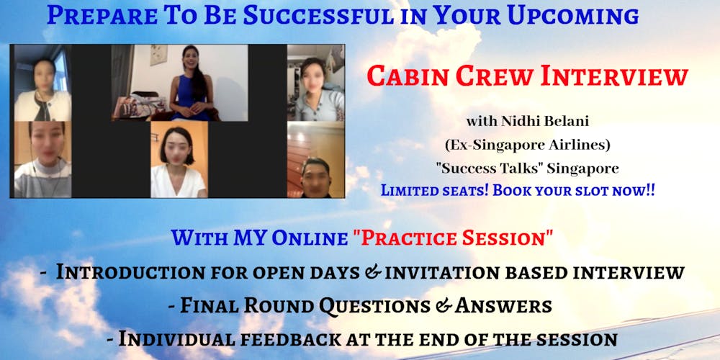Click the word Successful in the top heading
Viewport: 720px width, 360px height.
pyautogui.click(x=318, y=16)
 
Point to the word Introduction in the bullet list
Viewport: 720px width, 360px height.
pyautogui.click(x=130, y=272)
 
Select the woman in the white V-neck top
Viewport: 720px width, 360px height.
pyautogui.click(x=178, y=163)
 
